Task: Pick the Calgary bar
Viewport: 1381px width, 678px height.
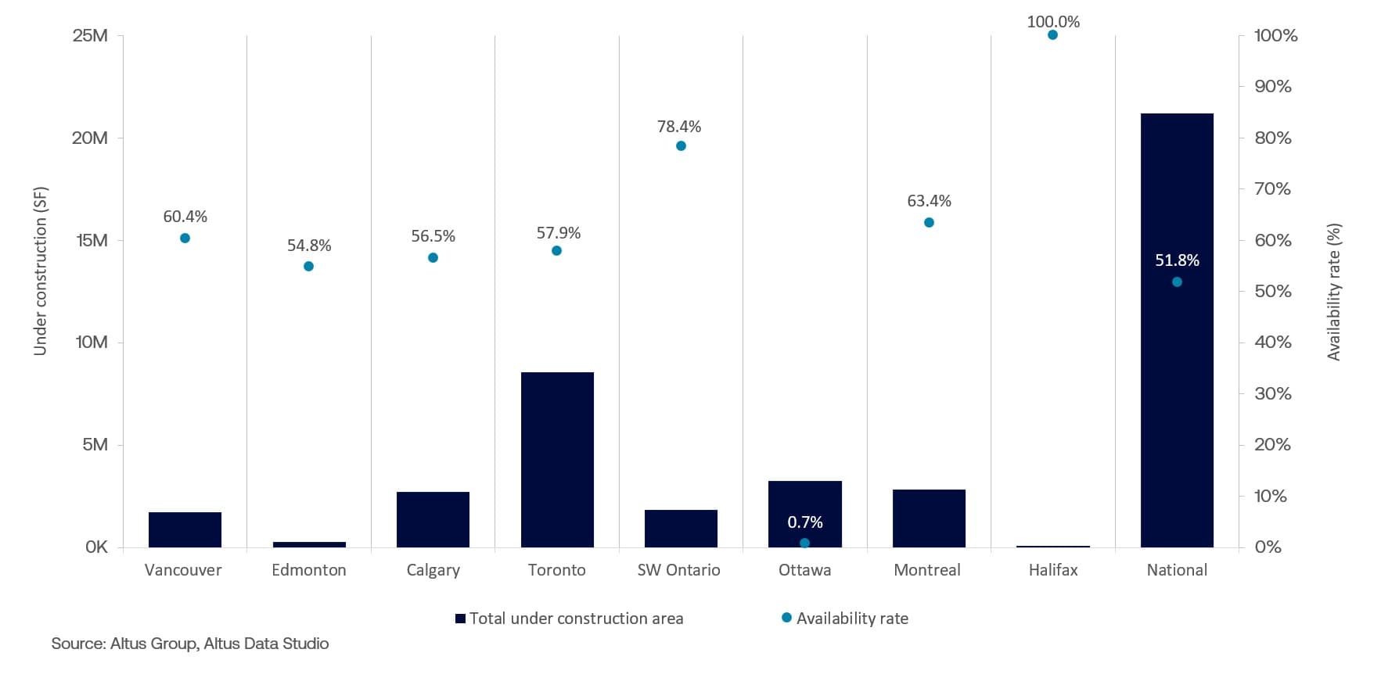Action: pos(433,519)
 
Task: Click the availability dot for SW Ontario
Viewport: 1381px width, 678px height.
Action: pos(681,146)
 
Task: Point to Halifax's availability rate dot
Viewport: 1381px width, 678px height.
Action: pos(1052,35)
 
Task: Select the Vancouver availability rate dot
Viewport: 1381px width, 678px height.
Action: pos(185,239)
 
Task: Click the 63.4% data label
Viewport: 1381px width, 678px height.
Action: pos(929,201)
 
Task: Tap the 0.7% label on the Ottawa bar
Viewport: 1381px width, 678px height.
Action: pos(804,522)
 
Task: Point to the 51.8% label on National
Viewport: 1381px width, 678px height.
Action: pos(1177,260)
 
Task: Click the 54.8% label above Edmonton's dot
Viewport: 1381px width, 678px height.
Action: pos(309,246)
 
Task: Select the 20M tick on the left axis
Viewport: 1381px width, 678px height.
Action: pos(90,138)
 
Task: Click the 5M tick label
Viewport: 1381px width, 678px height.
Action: pos(95,445)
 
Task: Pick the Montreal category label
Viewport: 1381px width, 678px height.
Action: pos(927,570)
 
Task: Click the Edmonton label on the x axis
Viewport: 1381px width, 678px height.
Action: pos(309,570)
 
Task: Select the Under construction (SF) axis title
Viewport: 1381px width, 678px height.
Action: pos(41,271)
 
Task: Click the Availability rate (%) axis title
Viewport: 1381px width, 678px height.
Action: pos(1334,292)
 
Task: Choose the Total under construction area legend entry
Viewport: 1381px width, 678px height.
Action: pos(569,619)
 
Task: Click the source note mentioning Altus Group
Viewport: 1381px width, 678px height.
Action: pos(190,644)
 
